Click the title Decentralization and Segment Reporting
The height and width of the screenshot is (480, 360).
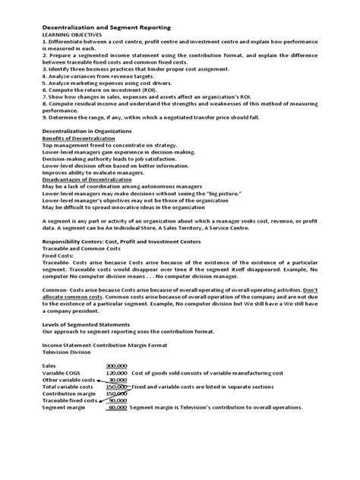(111, 25)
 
